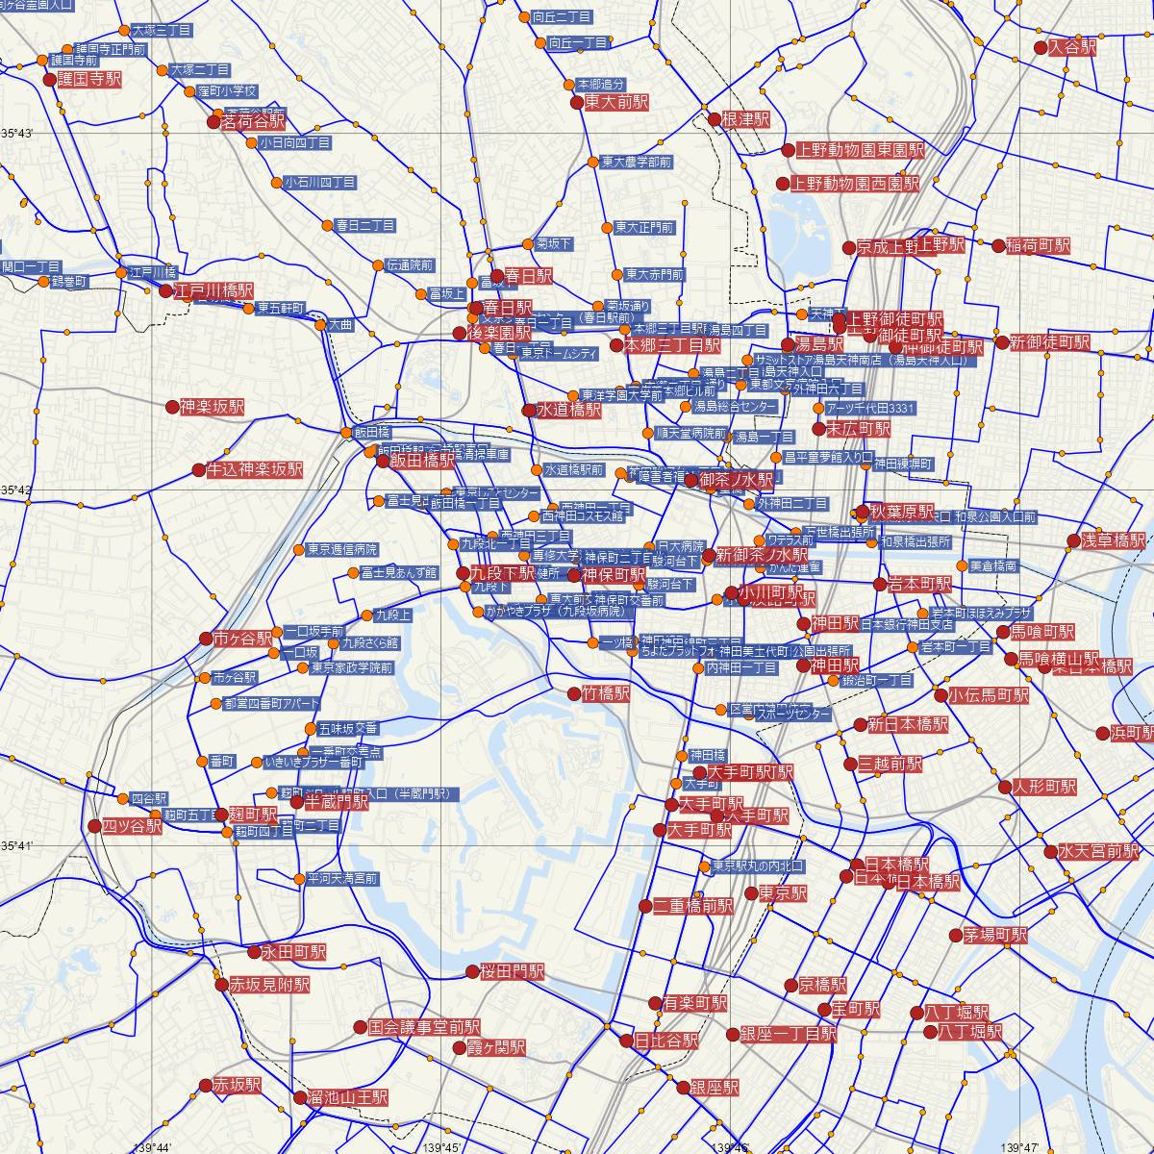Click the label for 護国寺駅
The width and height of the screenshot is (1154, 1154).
point(89,80)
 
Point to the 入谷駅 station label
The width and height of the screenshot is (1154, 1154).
point(1071,47)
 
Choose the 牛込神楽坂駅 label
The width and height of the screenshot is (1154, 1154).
point(254,470)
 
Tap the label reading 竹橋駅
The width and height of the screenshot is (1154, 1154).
point(606,692)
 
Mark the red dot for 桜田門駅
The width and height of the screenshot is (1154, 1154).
point(472,972)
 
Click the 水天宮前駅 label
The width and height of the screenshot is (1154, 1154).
point(1098,852)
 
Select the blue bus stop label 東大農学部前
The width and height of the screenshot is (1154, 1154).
point(636,163)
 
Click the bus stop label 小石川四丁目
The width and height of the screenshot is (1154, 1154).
point(320,182)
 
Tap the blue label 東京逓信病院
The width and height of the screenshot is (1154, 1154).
point(342,550)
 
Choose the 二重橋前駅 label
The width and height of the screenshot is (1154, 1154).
point(693,906)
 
